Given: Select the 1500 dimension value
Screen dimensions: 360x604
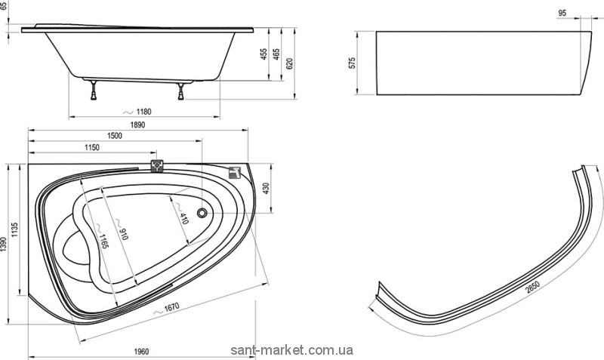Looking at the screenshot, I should [x=115, y=135].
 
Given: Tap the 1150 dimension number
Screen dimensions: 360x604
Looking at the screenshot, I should [x=91, y=147].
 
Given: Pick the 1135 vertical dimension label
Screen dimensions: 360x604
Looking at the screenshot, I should [x=17, y=231].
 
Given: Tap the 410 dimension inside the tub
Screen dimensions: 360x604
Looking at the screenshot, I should [x=182, y=218].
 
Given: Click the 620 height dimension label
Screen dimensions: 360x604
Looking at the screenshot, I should [x=289, y=63].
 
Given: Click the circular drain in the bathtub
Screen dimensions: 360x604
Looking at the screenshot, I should [x=202, y=214].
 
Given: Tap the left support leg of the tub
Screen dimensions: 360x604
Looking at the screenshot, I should [x=94, y=91].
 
